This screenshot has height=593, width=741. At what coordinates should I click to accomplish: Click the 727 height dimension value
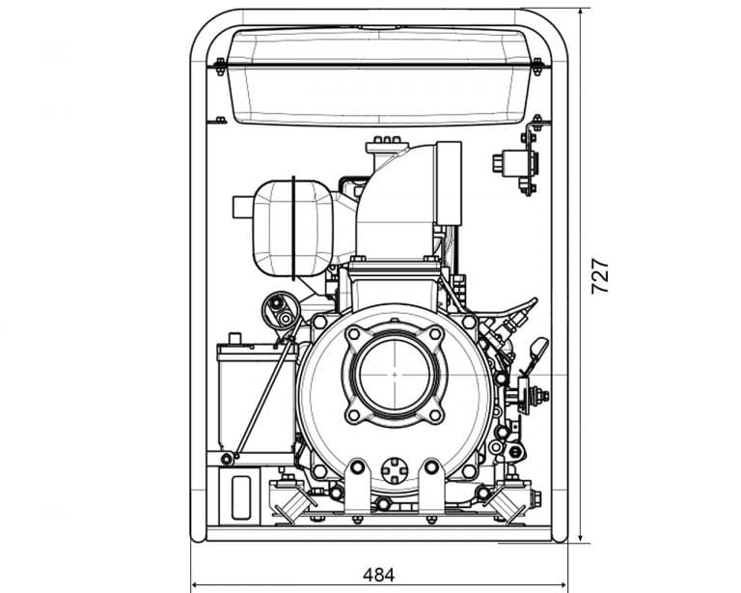[x=600, y=275]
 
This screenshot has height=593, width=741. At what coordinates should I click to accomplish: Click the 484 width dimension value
[x=378, y=575]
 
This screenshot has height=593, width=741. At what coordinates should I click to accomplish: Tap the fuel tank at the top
[x=379, y=75]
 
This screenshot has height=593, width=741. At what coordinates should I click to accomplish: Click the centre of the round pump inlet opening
[x=395, y=375]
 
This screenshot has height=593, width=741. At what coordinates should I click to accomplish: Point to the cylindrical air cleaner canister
[x=292, y=228]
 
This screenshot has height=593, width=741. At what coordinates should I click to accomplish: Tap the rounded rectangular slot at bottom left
[x=241, y=497]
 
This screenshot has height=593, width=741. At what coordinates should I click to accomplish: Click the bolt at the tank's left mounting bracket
[x=220, y=66]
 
